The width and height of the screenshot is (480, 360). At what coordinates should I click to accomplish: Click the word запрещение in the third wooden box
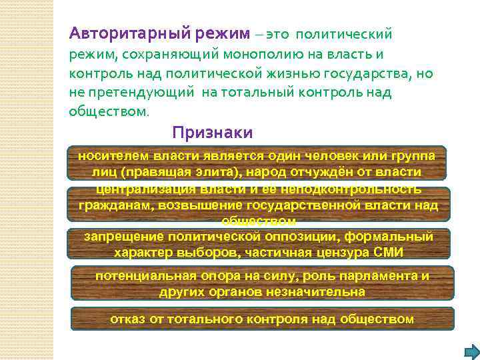(x=125, y=237)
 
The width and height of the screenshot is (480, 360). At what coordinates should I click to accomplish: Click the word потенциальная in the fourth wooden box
(x=146, y=275)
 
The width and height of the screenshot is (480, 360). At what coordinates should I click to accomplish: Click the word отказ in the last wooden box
(x=127, y=319)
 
